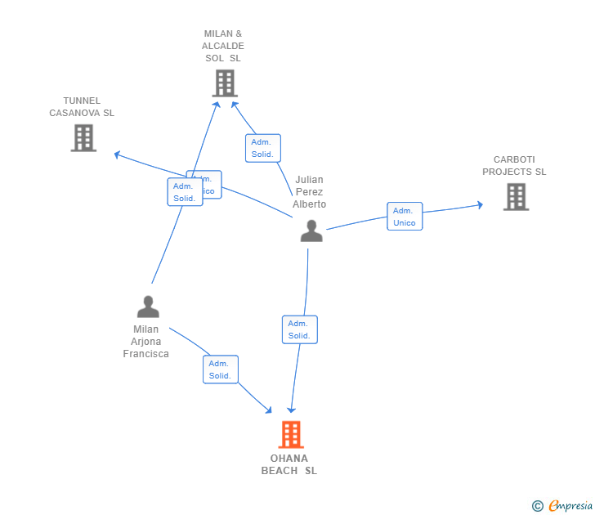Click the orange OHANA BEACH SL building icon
[291, 435]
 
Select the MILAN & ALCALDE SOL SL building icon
[224, 83]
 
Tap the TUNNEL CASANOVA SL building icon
[83, 137]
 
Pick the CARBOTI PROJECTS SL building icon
[516, 197]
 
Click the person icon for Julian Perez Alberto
[311, 231]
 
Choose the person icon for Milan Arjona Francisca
[148, 307]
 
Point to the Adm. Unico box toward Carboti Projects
[405, 217]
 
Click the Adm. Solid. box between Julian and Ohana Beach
[299, 329]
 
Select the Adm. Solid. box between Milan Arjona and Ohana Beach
[220, 369]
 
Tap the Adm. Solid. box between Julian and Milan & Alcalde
[262, 148]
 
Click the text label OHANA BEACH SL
[289, 464]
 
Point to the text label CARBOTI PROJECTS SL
[514, 166]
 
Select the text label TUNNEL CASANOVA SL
[82, 107]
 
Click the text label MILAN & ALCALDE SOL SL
[223, 47]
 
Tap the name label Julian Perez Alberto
[310, 192]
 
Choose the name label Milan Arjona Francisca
[146, 342]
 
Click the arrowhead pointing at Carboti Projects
[479, 204]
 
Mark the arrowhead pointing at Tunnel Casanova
[118, 153]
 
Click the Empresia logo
[570, 505]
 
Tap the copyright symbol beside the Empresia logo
[538, 506]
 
